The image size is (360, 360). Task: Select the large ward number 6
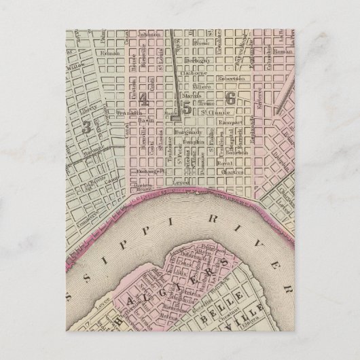point(230,98)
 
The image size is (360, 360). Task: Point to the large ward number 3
point(86,126)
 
